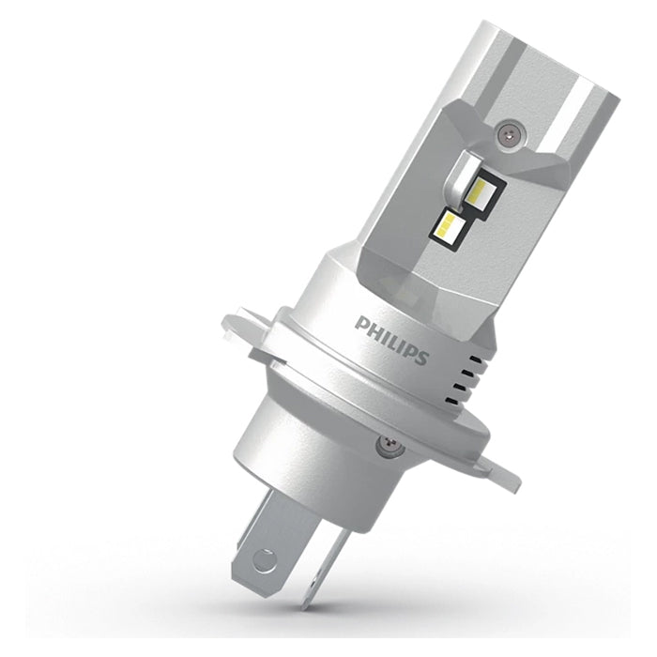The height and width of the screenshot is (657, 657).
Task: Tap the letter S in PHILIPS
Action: [420, 358]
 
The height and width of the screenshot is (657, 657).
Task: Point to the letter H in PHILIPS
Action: [374, 330]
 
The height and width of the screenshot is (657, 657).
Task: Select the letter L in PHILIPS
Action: [392, 341]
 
